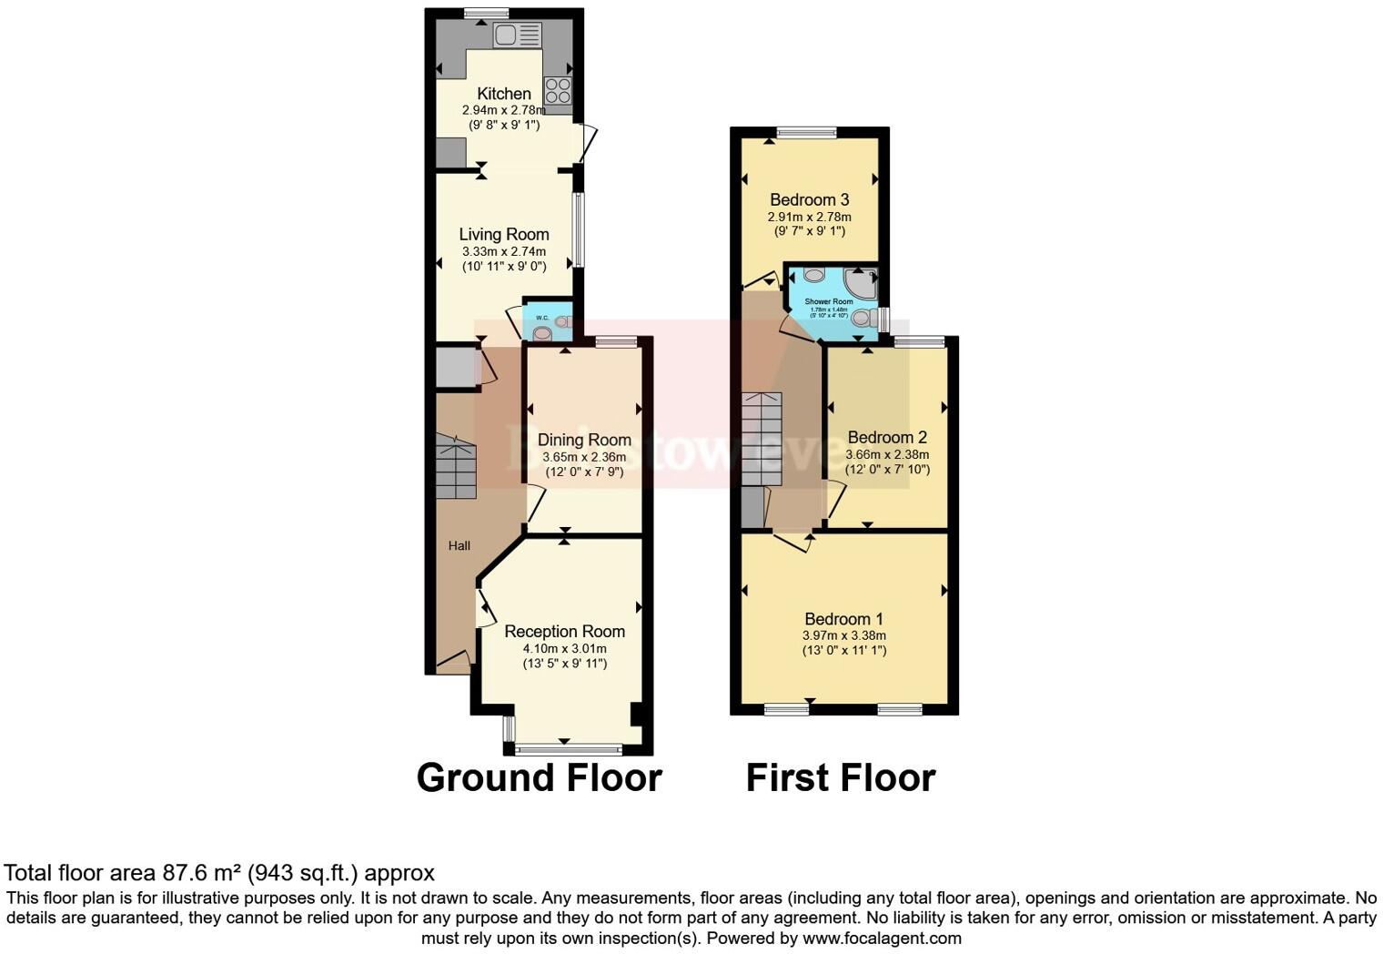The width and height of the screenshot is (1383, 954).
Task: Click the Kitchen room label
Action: pyautogui.click(x=503, y=94)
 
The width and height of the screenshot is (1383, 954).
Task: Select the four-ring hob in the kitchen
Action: pyautogui.click(x=558, y=90)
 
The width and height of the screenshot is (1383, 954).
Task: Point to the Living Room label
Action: pyautogui.click(x=503, y=234)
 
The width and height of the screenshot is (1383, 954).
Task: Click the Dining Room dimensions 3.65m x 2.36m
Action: pyautogui.click(x=583, y=457)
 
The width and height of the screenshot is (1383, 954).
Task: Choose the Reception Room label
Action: pyautogui.click(x=564, y=631)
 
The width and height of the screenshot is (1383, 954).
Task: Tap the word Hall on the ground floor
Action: pyautogui.click(x=459, y=545)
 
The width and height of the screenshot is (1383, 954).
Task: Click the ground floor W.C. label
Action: pyautogui.click(x=541, y=318)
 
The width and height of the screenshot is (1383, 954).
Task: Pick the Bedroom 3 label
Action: pyautogui.click(x=809, y=199)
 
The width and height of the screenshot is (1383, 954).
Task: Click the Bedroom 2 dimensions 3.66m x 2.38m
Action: pyautogui.click(x=887, y=454)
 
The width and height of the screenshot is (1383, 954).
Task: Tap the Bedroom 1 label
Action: pyautogui.click(x=843, y=619)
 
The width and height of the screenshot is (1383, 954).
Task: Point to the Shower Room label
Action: pyautogui.click(x=829, y=301)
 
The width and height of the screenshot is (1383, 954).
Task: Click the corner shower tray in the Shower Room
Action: pyautogui.click(x=860, y=282)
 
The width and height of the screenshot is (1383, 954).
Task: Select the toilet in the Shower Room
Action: pyautogui.click(x=864, y=319)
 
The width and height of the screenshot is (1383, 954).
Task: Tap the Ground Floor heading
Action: pyautogui.click(x=539, y=778)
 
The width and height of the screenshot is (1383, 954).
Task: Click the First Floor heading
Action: pyautogui.click(x=840, y=778)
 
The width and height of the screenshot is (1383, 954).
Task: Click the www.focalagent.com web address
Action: pyautogui.click(x=881, y=938)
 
